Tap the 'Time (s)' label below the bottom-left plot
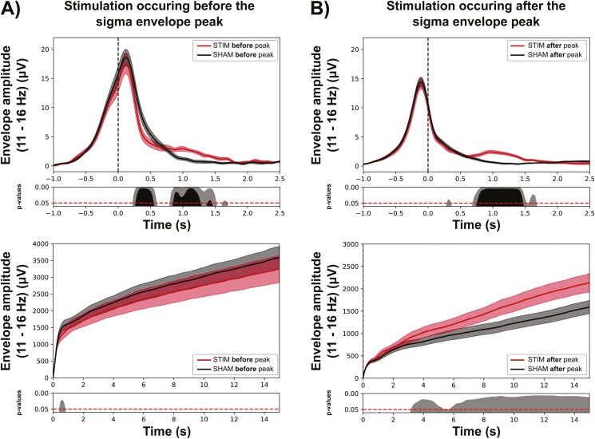click(165, 430)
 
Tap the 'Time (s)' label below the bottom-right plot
click(474, 430)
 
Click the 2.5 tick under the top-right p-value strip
click(587, 212)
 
